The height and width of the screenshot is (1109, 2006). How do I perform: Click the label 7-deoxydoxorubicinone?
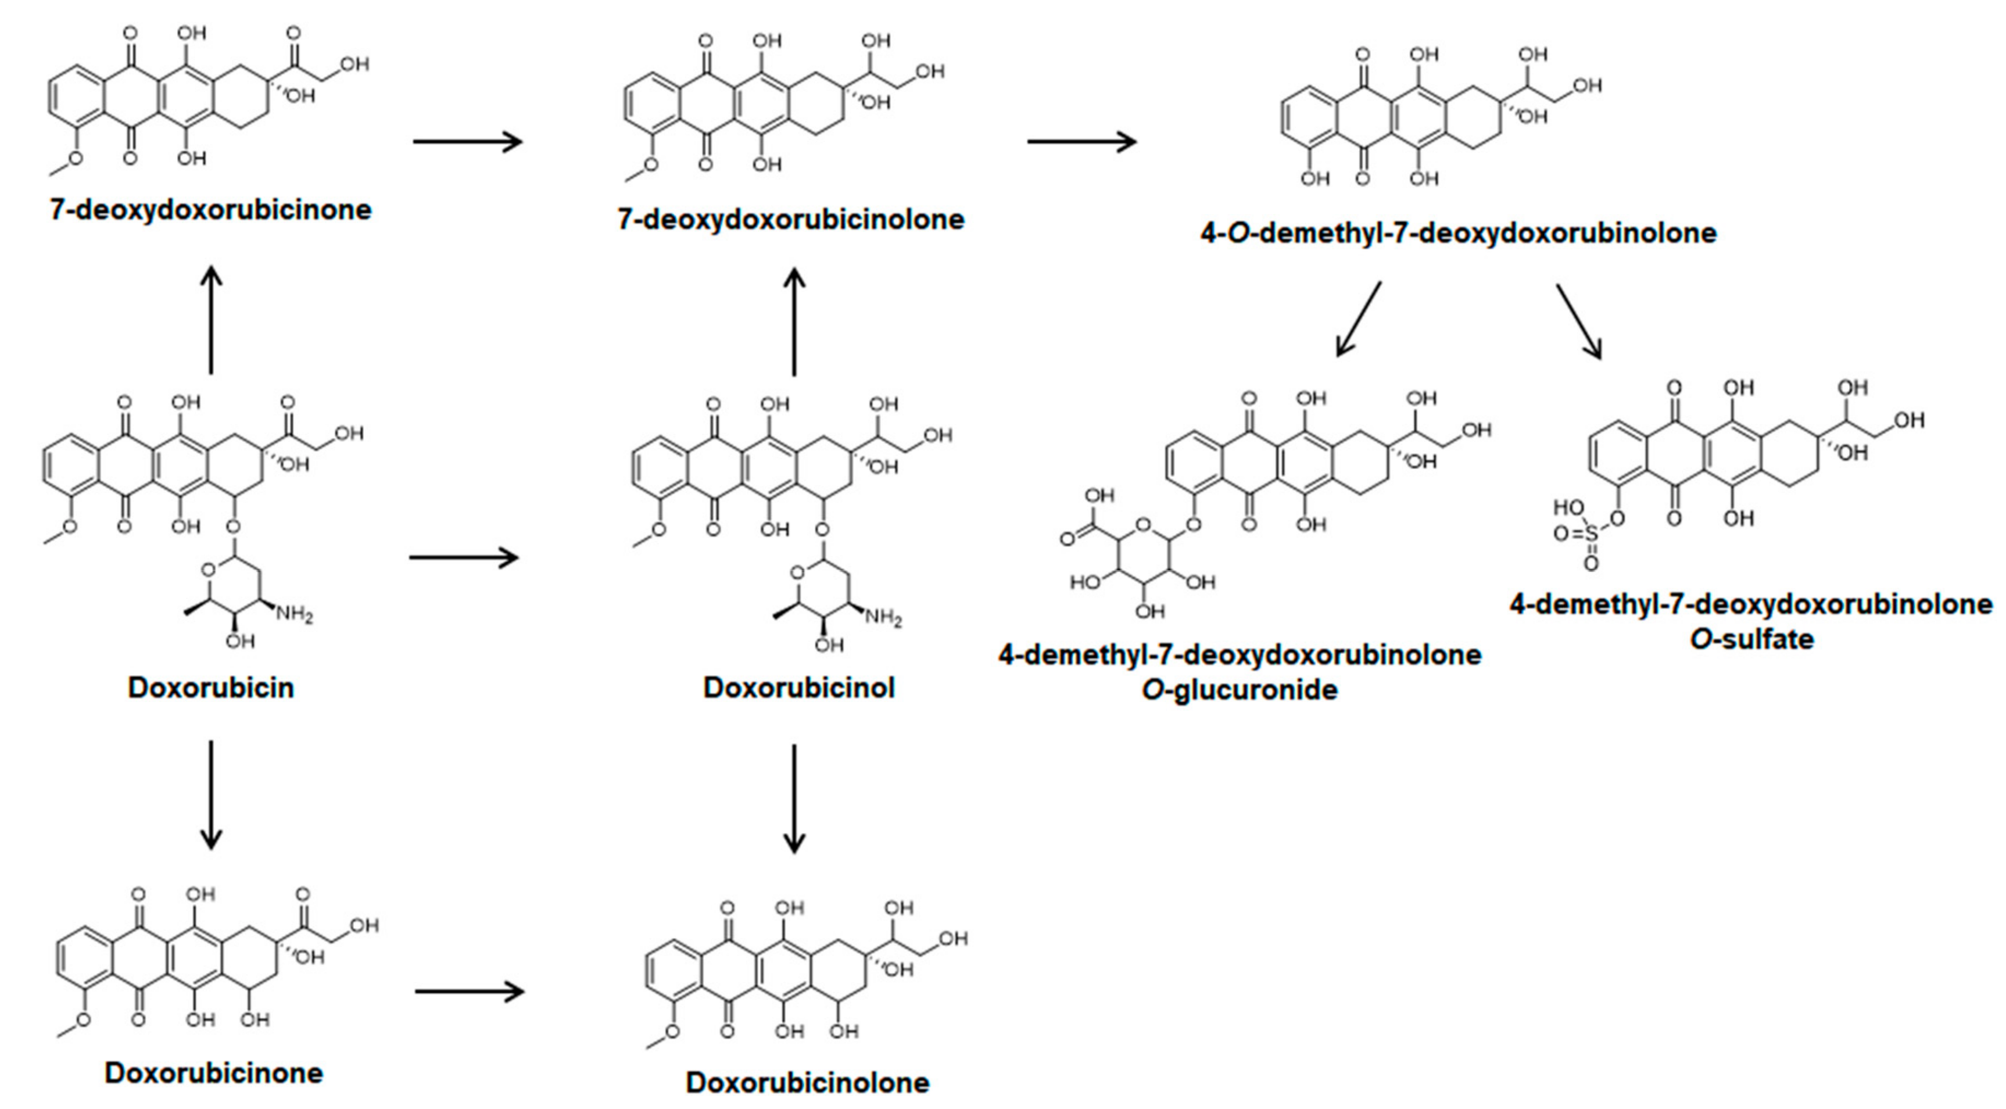[x=210, y=209]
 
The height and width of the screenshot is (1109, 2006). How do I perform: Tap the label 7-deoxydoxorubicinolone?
[x=790, y=220]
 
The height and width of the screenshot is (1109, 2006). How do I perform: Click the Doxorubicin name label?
[x=210, y=688]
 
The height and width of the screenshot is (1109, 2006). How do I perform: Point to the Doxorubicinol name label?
[x=798, y=688]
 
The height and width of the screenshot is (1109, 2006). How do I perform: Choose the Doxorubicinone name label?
[x=213, y=1072]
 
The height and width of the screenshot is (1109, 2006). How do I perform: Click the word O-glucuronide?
[x=1239, y=690]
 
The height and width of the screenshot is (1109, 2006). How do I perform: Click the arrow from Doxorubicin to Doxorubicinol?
[x=463, y=557]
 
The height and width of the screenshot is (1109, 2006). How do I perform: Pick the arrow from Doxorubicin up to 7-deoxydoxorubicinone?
[x=211, y=319]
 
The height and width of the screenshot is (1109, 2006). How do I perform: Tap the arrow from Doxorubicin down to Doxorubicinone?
[x=211, y=795]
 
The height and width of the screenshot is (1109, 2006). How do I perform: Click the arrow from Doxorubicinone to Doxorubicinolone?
[x=470, y=992]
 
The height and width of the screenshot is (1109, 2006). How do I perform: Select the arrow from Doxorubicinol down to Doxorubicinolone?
[x=794, y=798]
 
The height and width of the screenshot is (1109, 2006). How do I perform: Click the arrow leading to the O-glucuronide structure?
[x=1358, y=319]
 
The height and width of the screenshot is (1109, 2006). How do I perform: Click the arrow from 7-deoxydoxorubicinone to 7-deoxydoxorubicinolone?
[x=467, y=142]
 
